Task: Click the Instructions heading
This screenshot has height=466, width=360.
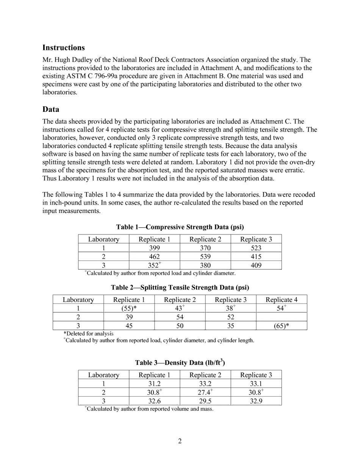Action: click(63, 48)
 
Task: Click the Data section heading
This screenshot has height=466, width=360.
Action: click(51, 109)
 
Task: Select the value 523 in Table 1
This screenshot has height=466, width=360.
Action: click(256, 248)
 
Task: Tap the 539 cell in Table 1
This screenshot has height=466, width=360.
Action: click(205, 257)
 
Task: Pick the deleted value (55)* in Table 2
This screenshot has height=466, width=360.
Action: click(129, 308)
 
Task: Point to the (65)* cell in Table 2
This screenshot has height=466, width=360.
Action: click(281, 326)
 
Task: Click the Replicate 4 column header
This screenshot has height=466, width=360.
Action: click(281, 300)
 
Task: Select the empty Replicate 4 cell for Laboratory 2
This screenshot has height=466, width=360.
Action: click(281, 317)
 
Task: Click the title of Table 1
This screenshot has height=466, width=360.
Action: click(180, 227)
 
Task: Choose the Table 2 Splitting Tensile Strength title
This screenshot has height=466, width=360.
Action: click(180, 288)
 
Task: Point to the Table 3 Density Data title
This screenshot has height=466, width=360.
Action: click(180, 363)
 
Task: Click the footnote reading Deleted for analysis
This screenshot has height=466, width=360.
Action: click(89, 333)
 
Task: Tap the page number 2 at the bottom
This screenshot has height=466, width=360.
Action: click(180, 441)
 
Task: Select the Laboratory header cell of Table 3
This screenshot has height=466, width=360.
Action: click(103, 375)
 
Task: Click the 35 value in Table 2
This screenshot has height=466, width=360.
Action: click(230, 326)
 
